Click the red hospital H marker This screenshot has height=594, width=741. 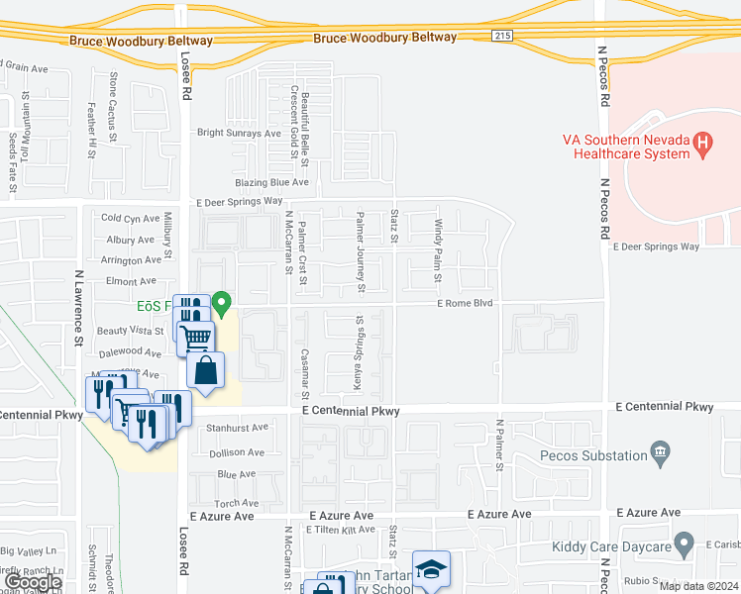(x=703, y=145)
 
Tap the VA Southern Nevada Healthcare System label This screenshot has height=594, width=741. (x=625, y=147)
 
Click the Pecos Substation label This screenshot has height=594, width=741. (x=593, y=455)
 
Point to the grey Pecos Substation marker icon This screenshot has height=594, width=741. (x=661, y=454)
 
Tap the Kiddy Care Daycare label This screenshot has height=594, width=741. (x=611, y=544)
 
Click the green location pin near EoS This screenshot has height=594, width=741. (x=222, y=304)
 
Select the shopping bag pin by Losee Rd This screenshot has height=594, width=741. (x=205, y=372)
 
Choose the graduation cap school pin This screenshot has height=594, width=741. (x=431, y=569)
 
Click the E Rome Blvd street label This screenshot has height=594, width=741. (x=466, y=304)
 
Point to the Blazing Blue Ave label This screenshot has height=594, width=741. (x=272, y=182)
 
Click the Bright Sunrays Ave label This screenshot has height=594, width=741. (x=240, y=133)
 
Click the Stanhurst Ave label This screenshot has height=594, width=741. (x=239, y=428)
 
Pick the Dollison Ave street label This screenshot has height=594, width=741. (x=237, y=451)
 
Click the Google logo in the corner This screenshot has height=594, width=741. (x=32, y=583)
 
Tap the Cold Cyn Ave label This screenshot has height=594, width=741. (x=130, y=219)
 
